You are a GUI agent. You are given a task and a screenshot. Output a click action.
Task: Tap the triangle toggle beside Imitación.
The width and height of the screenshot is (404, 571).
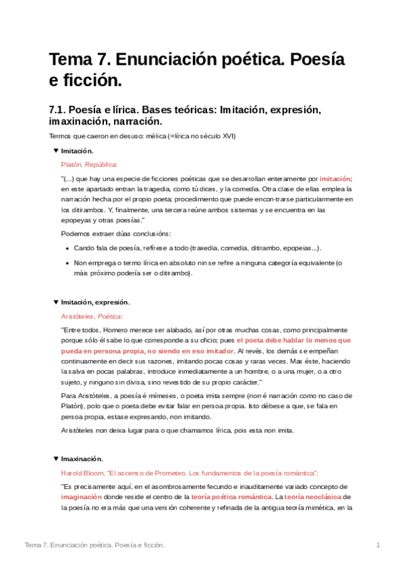(56, 151)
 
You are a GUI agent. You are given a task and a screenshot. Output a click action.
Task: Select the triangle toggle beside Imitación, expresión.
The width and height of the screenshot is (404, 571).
(56, 302)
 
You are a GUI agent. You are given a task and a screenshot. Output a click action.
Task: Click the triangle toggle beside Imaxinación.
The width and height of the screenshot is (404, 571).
(56, 459)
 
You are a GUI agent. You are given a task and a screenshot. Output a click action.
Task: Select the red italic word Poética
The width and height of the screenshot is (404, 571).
(110, 316)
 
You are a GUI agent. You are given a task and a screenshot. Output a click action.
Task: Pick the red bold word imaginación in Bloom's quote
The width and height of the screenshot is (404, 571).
(83, 497)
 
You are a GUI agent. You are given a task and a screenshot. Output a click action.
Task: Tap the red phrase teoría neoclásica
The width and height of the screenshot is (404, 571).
(313, 497)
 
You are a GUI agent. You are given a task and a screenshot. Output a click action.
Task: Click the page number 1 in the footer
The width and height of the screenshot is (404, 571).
(378, 545)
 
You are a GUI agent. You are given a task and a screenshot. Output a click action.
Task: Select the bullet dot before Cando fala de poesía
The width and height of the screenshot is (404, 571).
(66, 248)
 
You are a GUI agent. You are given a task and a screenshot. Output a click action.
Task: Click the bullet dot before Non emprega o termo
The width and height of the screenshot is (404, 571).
(66, 263)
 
